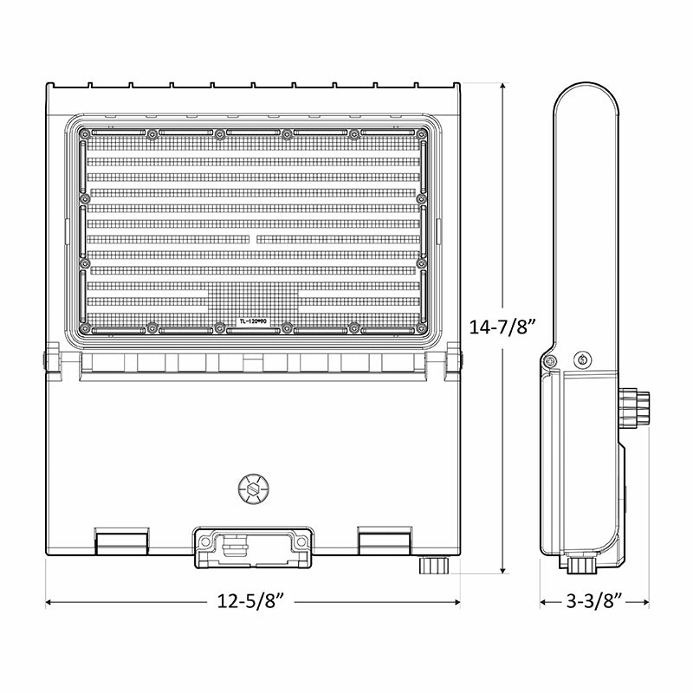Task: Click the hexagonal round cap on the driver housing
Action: click(251, 489)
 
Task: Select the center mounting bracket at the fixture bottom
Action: click(251, 546)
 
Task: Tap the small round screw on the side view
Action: click(581, 359)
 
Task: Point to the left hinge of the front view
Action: click(51, 360)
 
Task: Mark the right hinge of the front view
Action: click(453, 360)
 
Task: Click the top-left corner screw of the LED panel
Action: click(84, 133)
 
